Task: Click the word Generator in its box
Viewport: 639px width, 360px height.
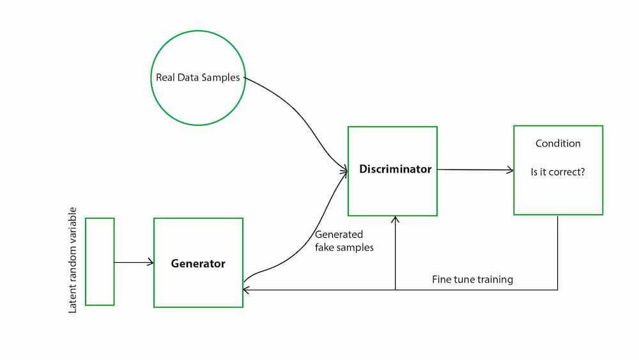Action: click(198, 263)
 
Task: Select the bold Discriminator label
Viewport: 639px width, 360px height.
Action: click(395, 169)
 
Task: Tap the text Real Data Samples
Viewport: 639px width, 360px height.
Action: click(198, 78)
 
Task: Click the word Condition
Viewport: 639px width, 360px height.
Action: click(558, 144)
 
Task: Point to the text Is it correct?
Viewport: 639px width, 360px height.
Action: click(558, 173)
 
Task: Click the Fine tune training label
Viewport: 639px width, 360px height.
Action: click(472, 279)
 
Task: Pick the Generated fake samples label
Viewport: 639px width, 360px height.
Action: click(344, 241)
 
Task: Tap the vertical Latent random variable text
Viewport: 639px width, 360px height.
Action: click(72, 260)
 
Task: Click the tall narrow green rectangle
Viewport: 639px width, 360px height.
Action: click(100, 262)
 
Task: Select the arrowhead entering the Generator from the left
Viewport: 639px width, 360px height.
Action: click(151, 262)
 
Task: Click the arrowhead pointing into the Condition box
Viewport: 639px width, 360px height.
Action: click(510, 170)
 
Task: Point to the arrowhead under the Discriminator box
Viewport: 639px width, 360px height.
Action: click(396, 220)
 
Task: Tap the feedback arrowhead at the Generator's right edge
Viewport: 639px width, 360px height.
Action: click(247, 290)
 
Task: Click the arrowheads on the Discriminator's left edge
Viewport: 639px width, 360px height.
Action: click(344, 171)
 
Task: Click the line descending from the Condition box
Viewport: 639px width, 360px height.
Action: click(558, 253)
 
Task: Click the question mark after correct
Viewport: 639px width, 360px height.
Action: click(582, 173)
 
